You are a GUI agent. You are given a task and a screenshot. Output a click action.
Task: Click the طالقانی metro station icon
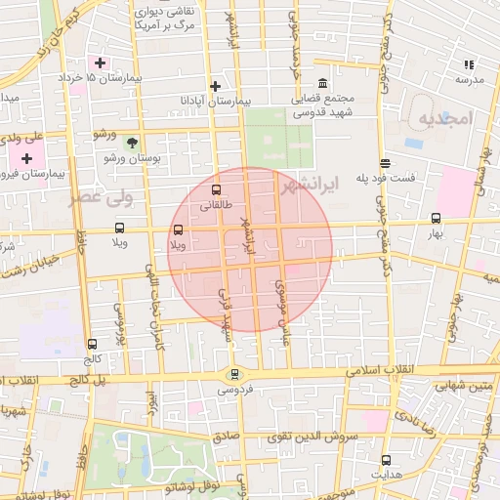(x=216, y=190)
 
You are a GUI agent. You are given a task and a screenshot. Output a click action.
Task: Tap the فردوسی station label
(x=233, y=390)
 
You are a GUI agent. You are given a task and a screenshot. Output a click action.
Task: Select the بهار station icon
(x=436, y=219)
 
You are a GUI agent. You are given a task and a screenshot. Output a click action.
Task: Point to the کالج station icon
(x=92, y=344)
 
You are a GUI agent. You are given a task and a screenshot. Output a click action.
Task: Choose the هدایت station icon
(x=386, y=460)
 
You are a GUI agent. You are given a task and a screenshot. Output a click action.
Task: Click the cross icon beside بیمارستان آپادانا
(x=216, y=86)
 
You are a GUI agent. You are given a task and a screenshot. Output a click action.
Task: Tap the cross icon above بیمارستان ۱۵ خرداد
(x=100, y=62)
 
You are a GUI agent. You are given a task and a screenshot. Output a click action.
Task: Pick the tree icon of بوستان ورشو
(x=132, y=142)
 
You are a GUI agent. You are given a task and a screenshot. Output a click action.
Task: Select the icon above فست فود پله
(x=386, y=163)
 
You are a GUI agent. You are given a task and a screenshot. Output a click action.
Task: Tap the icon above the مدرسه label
(x=468, y=64)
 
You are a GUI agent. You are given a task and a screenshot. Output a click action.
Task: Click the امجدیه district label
(x=444, y=118)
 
